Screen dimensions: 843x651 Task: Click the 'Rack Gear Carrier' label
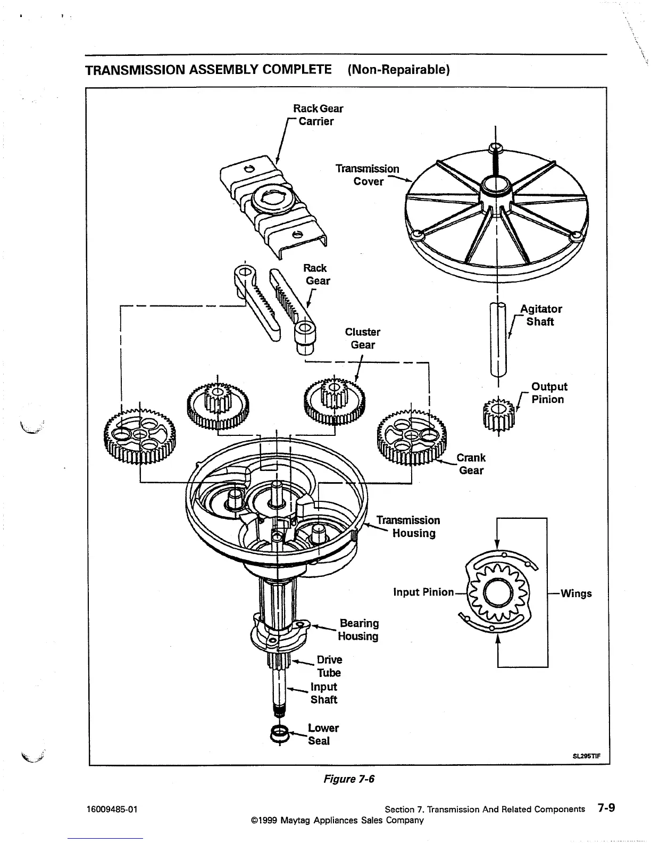(318, 115)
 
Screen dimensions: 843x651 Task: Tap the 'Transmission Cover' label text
(368, 175)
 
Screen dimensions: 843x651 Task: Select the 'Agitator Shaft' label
(540, 315)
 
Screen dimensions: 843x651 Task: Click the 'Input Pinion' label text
(423, 592)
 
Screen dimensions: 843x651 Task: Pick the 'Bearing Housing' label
(358, 630)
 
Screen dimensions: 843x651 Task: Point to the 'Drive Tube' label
(329, 666)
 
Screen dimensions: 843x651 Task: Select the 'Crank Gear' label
(471, 464)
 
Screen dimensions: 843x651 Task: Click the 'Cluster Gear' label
(363, 338)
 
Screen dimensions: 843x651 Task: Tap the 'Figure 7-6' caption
(349, 779)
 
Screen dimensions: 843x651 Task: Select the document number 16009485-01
(112, 809)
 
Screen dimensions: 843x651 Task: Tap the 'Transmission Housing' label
(408, 526)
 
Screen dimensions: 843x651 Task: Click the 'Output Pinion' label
(549, 393)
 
